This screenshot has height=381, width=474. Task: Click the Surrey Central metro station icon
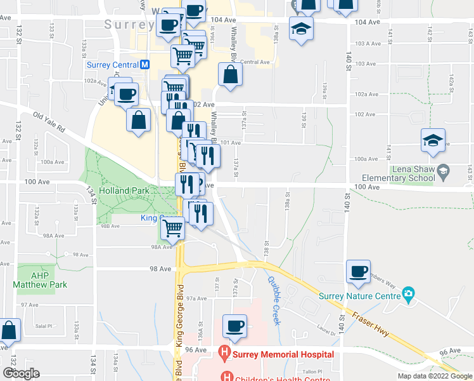[x=145, y=65]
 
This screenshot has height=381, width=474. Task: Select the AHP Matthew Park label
[x=40, y=281]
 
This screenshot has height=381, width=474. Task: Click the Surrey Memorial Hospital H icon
[x=223, y=352]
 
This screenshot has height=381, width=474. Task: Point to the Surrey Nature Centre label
[x=359, y=296]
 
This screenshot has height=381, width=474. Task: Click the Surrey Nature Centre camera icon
[x=409, y=295]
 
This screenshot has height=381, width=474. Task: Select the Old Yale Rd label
[x=49, y=123]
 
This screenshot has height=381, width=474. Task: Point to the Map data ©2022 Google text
[x=435, y=376]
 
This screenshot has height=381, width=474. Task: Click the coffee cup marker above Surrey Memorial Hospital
[x=234, y=325]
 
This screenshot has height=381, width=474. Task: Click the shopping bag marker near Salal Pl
[x=10, y=330]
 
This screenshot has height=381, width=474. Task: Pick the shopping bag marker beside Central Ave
[x=229, y=74]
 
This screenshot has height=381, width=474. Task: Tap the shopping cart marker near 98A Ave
[x=173, y=227]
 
